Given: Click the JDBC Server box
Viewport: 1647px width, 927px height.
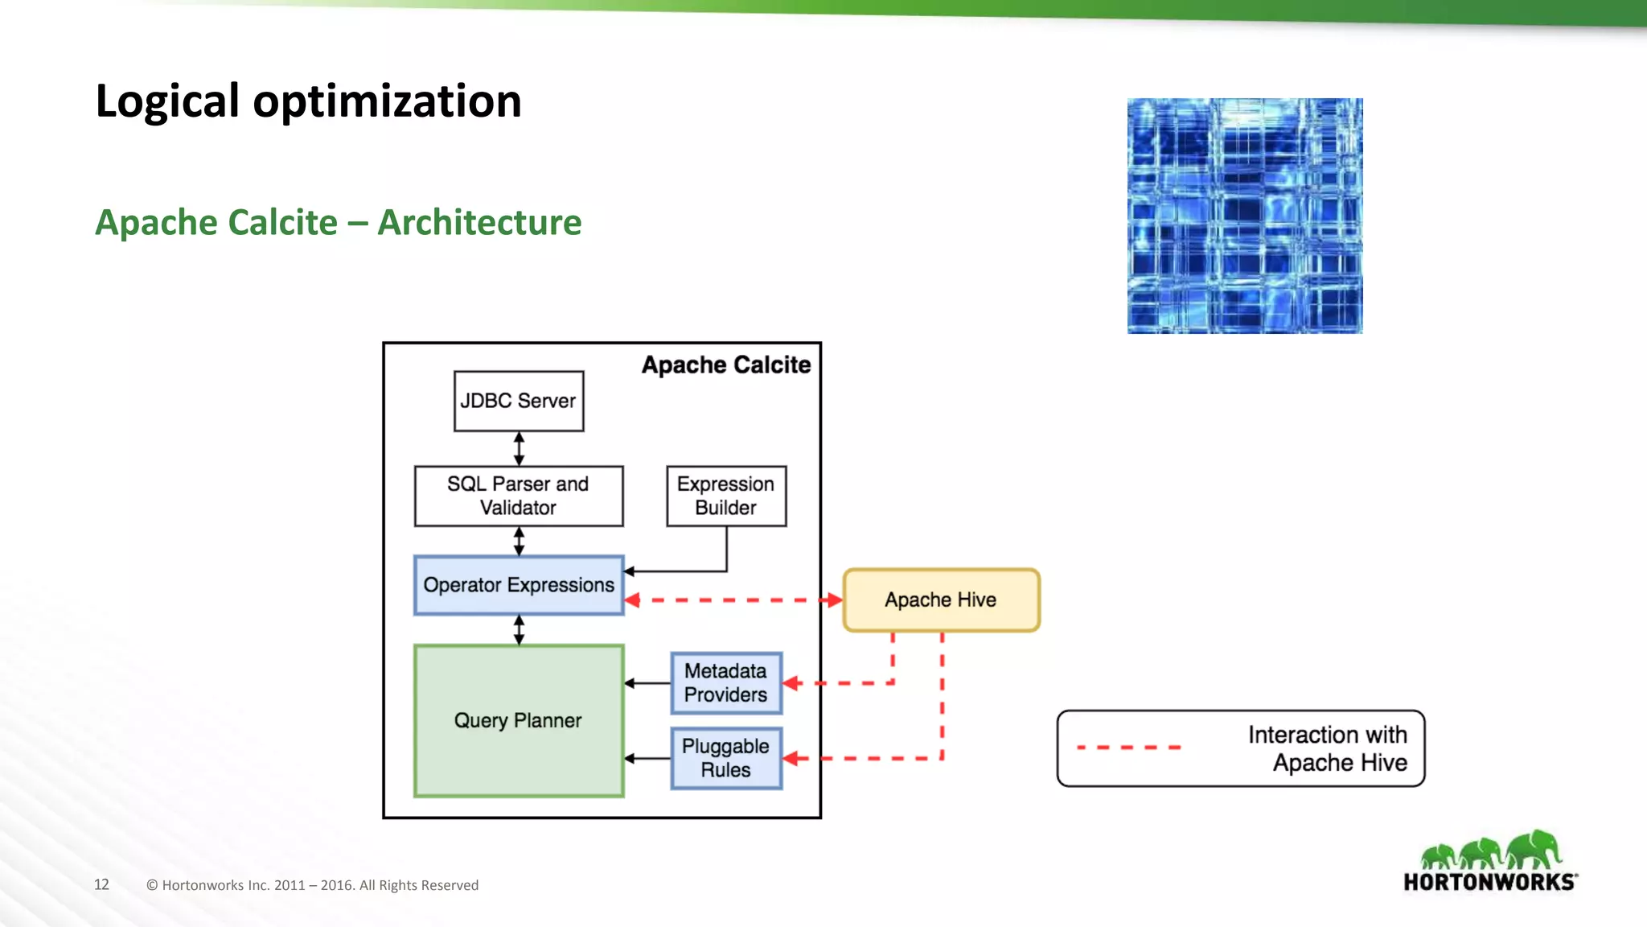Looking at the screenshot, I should (519, 401).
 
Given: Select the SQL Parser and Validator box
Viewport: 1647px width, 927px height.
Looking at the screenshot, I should (519, 496).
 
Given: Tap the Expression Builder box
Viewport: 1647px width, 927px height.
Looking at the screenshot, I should (726, 496).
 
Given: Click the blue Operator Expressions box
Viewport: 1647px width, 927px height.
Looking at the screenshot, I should (519, 585).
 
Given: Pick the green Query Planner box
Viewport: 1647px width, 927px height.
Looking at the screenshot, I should (519, 720).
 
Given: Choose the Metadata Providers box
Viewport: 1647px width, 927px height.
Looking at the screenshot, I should (726, 683).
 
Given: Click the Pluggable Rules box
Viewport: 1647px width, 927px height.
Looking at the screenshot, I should (726, 758).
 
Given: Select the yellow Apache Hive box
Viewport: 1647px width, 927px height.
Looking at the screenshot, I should (941, 599).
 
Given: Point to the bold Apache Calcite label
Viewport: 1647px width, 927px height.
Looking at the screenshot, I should (726, 365).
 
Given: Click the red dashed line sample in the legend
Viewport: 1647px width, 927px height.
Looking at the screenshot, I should (1128, 748).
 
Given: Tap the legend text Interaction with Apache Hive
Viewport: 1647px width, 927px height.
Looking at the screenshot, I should (1327, 748).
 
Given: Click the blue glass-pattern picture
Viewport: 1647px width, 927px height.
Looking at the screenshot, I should (1245, 216).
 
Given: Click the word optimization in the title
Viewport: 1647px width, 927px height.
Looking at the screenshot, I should (387, 101).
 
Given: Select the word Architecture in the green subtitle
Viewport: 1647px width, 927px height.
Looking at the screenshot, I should (479, 223).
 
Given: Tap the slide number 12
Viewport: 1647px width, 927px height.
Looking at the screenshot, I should (101, 884).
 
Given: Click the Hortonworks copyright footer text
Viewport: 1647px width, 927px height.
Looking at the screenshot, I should (312, 885).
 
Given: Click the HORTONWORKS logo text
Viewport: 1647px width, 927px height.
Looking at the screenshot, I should (1489, 882).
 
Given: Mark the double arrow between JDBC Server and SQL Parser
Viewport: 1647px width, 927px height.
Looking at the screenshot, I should (519, 448).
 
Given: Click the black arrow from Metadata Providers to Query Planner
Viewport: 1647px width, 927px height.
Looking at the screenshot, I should (647, 683).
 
